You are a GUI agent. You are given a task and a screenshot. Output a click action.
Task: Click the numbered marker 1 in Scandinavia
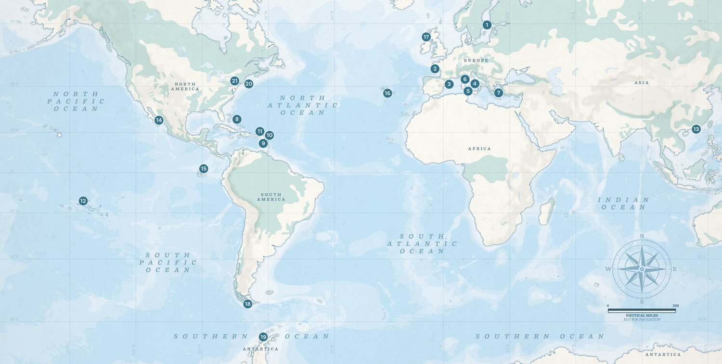487,25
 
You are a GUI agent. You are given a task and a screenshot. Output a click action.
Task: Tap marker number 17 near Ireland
426,37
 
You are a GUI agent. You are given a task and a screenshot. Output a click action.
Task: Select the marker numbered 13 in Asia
696,129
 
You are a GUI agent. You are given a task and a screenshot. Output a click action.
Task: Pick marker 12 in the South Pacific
83,201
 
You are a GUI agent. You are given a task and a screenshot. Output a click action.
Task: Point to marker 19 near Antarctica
263,337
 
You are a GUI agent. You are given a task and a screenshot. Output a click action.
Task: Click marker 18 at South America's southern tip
247,304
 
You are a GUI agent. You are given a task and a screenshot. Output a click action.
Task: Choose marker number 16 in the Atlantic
387,93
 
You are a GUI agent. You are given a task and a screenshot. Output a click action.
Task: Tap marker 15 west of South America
204,169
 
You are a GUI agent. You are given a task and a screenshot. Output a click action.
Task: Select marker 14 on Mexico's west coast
159,120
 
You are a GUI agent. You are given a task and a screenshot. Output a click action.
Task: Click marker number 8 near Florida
236,119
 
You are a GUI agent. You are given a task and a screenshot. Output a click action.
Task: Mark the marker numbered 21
234,81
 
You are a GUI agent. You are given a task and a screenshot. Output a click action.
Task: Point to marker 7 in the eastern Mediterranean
499,93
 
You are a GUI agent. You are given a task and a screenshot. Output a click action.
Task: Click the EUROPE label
476,60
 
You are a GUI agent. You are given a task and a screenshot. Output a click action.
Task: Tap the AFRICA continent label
479,149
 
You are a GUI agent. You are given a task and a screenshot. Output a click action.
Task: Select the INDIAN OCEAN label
623,203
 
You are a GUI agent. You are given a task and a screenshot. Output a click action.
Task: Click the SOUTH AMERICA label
271,197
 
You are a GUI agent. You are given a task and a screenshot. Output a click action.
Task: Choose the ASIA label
641,83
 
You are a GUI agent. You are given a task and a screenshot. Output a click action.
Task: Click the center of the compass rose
642,269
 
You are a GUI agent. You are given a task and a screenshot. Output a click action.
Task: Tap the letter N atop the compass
642,236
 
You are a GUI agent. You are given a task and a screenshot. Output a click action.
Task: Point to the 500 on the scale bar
676,306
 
